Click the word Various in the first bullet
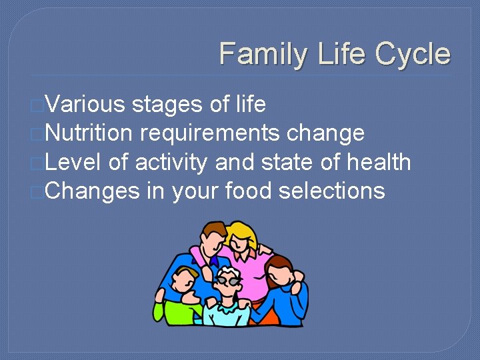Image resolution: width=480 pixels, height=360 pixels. [x=86, y=105]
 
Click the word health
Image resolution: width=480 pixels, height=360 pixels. [x=375, y=162]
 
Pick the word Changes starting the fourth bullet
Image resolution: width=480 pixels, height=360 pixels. [x=93, y=191]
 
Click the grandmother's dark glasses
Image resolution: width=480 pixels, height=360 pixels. [x=229, y=283]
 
